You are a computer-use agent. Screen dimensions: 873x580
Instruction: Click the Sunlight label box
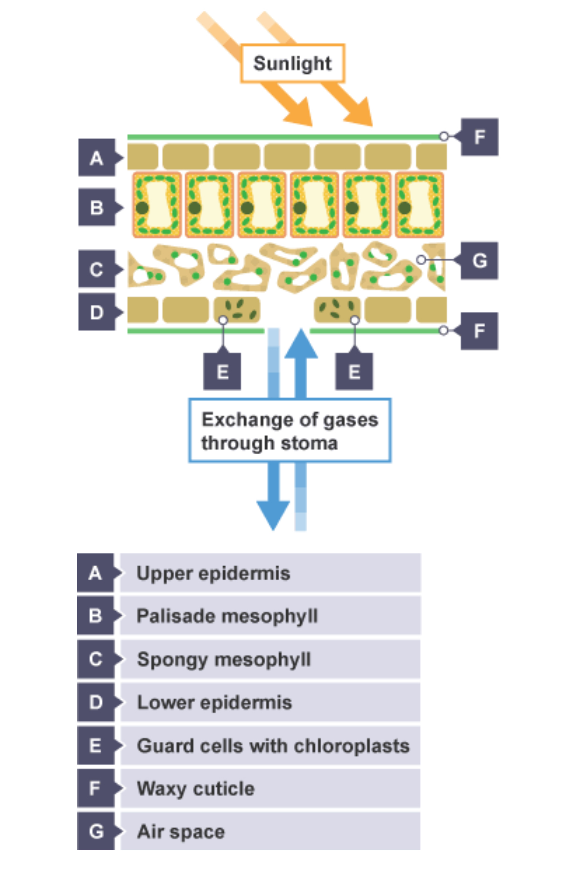tap(292, 63)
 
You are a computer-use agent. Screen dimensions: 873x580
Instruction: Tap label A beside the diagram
tap(97, 158)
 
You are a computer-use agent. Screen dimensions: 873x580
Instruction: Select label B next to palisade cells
tap(97, 207)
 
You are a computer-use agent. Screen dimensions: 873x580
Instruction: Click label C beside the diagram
tap(97, 269)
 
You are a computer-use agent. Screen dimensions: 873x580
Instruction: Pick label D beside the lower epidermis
tap(97, 312)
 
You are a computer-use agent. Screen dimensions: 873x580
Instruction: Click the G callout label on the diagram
tap(479, 260)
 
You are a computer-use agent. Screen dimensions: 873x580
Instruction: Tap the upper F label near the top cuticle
tap(479, 137)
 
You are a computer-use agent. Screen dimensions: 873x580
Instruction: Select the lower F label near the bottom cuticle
tap(479, 331)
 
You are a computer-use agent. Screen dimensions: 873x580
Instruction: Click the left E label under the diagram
tap(222, 372)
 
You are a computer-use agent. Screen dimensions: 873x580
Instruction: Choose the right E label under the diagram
tap(354, 372)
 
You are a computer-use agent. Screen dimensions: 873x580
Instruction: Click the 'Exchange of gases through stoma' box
tap(290, 430)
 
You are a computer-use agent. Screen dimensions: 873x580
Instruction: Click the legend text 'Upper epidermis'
tap(213, 573)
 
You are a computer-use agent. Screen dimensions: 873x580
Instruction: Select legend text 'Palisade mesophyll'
tap(227, 616)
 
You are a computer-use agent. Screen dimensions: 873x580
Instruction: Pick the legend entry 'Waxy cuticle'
tap(196, 789)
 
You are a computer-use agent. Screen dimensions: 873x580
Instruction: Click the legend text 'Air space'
tap(181, 832)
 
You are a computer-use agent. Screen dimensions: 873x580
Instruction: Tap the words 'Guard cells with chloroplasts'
tap(273, 746)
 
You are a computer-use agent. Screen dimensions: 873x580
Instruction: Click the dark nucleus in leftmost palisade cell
tap(142, 208)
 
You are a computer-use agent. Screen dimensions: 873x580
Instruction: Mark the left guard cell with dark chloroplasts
tap(237, 309)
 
